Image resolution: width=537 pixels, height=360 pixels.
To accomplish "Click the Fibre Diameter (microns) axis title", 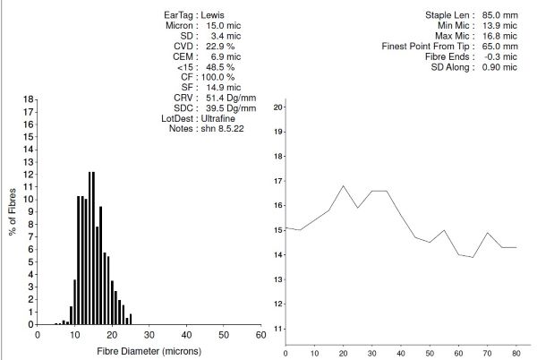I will pyautogui.click(x=148, y=351).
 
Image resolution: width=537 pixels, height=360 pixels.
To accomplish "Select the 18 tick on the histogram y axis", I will pyautogui.click(x=28, y=99).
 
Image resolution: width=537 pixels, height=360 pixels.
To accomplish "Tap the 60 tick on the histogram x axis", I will pyautogui.click(x=260, y=335).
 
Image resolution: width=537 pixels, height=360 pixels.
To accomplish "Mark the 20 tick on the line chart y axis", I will pyautogui.click(x=278, y=107).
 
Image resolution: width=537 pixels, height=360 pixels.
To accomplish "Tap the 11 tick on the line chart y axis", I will pyautogui.click(x=278, y=328).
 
